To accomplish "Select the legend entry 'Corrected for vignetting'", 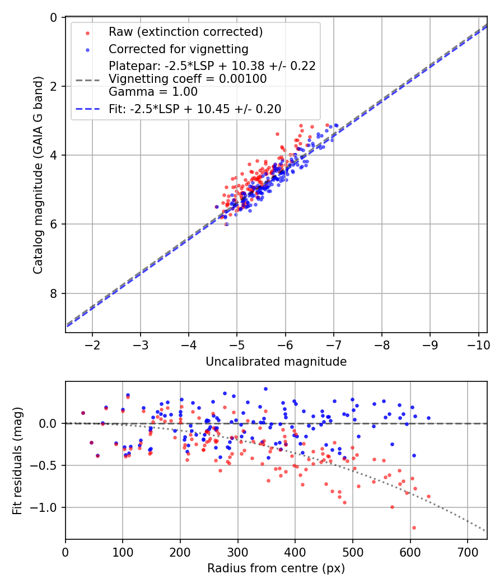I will [x=178, y=49].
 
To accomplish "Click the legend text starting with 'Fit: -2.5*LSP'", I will [x=194, y=109].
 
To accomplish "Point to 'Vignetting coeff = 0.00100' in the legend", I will [x=188, y=79].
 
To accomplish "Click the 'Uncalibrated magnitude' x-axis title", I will [x=276, y=362].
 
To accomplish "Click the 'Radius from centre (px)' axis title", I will [x=276, y=568].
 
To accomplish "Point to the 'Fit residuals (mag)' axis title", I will [x=17, y=460].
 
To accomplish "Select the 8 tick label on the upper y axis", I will [x=54, y=293].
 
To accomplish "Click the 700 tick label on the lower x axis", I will [x=468, y=551].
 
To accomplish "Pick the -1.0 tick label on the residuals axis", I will [x=46, y=508].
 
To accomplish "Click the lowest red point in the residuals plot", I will [x=414, y=528].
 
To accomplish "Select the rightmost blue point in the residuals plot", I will [x=428, y=418].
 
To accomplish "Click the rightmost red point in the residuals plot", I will [x=428, y=496].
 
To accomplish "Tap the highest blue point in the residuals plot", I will [x=265, y=389].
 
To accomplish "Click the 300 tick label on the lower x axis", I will [x=238, y=551].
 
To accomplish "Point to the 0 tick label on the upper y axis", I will [x=54, y=17].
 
